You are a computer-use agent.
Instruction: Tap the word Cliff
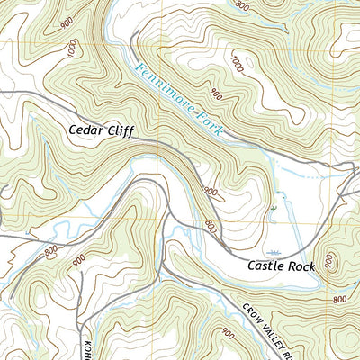click(120, 131)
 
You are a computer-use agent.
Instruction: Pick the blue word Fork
click(205, 120)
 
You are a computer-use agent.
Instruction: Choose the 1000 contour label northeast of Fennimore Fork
click(236, 66)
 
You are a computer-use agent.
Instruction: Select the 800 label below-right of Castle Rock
click(338, 299)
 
